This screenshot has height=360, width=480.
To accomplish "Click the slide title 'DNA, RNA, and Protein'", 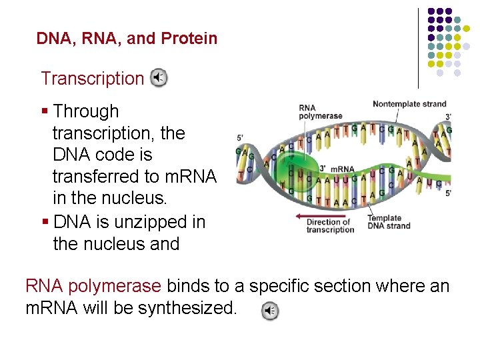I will (127, 39).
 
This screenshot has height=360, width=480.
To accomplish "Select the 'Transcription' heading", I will (92, 79).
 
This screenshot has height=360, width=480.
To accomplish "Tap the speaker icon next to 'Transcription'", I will (158, 79).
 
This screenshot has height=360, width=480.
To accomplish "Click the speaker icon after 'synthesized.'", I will (269, 311).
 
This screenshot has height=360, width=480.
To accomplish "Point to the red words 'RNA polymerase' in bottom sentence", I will (93, 287).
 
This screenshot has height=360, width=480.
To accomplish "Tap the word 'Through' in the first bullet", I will (85, 111).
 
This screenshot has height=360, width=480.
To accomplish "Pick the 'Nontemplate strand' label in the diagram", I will (409, 104).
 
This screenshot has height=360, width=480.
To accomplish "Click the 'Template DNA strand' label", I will (389, 222).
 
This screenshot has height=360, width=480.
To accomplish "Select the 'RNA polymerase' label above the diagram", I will (320, 111).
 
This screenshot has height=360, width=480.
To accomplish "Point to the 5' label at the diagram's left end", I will (241, 138).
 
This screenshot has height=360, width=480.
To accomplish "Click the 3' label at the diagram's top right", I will (448, 117).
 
